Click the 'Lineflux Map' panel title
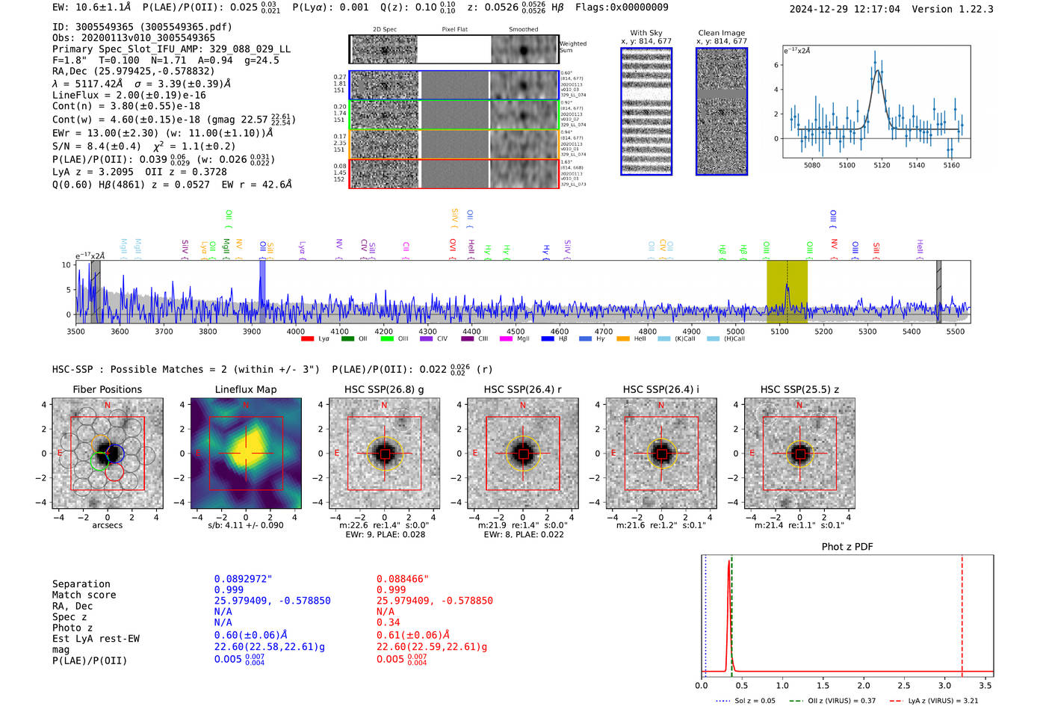click(x=245, y=389)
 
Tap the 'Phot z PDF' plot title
click(x=847, y=547)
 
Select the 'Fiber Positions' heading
click(x=107, y=389)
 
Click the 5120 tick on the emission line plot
click(x=882, y=165)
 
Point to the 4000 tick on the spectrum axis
click(x=296, y=331)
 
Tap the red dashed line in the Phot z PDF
click(x=962, y=613)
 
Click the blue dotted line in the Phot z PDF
click(x=705, y=613)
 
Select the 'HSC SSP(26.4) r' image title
click(x=522, y=389)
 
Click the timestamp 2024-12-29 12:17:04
click(x=844, y=9)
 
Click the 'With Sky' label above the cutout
click(x=646, y=33)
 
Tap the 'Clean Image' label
click(x=721, y=33)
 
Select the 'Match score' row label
click(x=84, y=595)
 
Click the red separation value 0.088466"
click(x=403, y=579)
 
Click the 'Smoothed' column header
click(x=523, y=29)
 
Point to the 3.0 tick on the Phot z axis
click(x=944, y=685)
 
